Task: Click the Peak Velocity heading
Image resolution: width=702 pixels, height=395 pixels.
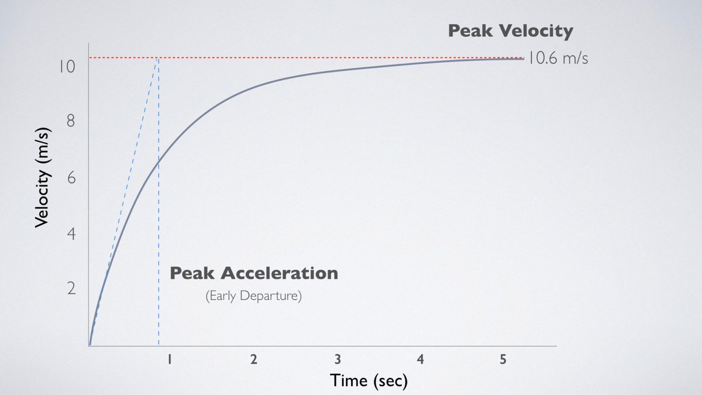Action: tap(510, 31)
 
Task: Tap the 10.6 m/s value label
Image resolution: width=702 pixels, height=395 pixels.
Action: tap(559, 58)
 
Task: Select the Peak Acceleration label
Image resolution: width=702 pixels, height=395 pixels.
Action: tap(253, 273)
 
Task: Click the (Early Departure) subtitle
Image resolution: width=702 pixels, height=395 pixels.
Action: tap(253, 296)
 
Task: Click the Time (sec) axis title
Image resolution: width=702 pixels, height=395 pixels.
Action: tap(368, 381)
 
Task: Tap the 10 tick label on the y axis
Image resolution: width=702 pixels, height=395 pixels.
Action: tap(67, 66)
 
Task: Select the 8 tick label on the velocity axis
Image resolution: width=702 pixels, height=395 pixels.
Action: tap(71, 122)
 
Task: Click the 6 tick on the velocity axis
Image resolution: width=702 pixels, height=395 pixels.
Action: tap(71, 178)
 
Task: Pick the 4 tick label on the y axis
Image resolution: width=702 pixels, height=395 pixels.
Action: tap(71, 234)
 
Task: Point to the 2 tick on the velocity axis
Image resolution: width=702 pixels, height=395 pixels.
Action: tap(71, 290)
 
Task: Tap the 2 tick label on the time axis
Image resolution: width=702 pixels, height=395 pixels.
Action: tap(253, 360)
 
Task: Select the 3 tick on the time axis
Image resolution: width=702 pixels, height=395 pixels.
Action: tap(337, 360)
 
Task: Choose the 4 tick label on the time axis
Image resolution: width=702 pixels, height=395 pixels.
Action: tap(420, 360)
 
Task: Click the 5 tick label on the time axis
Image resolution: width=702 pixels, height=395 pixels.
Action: tap(503, 360)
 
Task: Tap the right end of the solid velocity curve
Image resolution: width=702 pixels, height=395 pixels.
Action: tap(523, 59)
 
